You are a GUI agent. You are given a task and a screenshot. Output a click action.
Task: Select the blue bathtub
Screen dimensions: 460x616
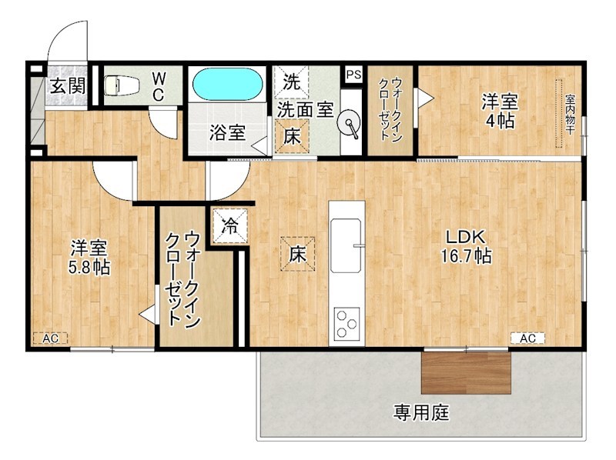[226, 84]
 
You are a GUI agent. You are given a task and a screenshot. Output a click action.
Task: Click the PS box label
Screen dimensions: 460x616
[353, 75]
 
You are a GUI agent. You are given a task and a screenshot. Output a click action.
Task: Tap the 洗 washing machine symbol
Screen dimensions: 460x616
[292, 79]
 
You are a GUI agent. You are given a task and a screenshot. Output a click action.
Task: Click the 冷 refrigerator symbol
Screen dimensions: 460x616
[229, 226]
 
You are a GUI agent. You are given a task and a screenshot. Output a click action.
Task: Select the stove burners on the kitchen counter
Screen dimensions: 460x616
[346, 323]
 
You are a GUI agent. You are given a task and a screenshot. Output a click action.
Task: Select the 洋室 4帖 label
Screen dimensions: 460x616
[500, 111]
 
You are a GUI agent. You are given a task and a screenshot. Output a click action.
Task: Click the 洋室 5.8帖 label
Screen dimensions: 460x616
[89, 258]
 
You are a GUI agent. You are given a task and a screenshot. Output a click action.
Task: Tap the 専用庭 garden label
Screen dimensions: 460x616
[421, 413]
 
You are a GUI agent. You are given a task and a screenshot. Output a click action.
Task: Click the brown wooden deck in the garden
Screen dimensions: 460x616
[467, 374]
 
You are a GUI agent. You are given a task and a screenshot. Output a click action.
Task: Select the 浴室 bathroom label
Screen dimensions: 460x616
[228, 132]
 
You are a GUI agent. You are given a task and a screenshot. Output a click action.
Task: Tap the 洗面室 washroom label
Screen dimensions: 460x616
[306, 110]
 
